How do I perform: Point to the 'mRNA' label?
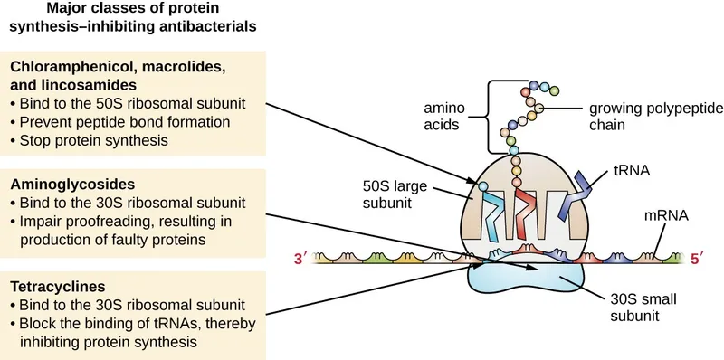[x=663, y=216]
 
